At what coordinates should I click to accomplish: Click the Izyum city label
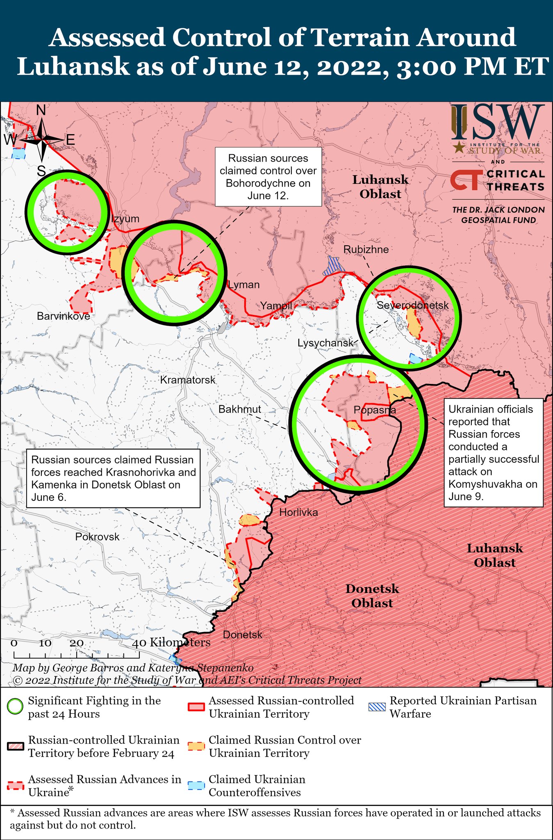click(x=126, y=219)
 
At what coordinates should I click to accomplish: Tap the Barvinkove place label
click(x=63, y=316)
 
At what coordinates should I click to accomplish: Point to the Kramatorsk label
click(x=188, y=380)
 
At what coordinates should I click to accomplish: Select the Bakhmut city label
click(x=239, y=409)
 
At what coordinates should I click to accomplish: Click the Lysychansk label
click(x=325, y=343)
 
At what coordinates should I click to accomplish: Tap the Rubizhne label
click(x=366, y=249)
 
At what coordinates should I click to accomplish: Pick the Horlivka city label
click(x=298, y=512)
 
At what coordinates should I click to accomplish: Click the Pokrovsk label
click(x=97, y=536)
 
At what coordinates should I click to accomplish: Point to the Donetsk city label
click(x=242, y=635)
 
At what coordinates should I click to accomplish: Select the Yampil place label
click(x=276, y=305)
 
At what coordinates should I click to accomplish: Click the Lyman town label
click(x=244, y=285)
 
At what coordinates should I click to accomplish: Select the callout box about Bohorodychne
click(x=268, y=177)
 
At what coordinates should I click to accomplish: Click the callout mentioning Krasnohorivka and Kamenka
click(x=113, y=478)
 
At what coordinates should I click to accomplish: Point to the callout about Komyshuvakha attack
click(x=494, y=452)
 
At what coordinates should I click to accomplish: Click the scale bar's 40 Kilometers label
click(x=171, y=642)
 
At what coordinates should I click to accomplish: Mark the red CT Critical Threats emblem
click(x=466, y=181)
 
